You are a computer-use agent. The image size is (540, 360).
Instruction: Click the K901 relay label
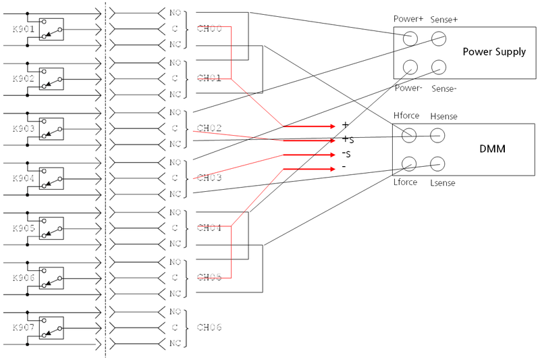[23, 30]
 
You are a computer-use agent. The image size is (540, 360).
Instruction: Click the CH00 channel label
[209, 30]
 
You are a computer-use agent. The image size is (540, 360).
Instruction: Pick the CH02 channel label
[209, 128]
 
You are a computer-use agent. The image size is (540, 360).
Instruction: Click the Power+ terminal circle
[408, 38]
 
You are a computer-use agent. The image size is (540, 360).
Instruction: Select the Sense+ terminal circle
[439, 38]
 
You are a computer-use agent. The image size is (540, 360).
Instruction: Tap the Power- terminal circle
[408, 67]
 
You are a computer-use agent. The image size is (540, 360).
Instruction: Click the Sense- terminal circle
[439, 67]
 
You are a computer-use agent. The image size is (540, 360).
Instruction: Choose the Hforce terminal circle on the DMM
[408, 135]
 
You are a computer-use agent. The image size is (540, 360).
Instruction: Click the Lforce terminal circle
[408, 163]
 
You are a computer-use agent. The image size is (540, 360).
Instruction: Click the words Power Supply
[494, 52]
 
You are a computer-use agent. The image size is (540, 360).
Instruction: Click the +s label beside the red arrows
[348, 140]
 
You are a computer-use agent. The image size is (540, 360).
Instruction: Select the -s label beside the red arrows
[348, 155]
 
